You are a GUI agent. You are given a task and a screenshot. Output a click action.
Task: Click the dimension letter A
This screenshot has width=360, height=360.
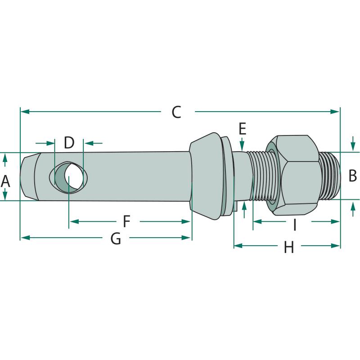[5, 181]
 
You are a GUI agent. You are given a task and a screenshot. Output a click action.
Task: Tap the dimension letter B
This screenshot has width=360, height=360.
[353, 175]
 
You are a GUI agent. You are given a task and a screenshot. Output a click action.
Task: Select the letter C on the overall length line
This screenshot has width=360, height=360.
[176, 112]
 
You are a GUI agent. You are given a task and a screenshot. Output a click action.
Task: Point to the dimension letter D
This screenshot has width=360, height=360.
[69, 143]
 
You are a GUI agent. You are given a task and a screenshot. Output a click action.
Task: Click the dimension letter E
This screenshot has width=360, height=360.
[243, 129]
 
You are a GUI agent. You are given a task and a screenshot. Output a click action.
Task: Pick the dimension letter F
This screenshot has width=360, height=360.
[126, 221]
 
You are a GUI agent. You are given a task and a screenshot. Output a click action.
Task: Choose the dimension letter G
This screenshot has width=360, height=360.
[116, 238]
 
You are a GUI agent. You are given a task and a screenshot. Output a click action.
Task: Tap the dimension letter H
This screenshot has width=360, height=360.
[288, 247]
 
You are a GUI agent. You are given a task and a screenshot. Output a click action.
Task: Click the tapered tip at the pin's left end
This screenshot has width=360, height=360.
[28, 177]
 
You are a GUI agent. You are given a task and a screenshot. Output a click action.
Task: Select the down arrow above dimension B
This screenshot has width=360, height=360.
[353, 147]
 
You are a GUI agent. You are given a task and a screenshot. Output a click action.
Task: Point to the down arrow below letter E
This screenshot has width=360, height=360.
[243, 146]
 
